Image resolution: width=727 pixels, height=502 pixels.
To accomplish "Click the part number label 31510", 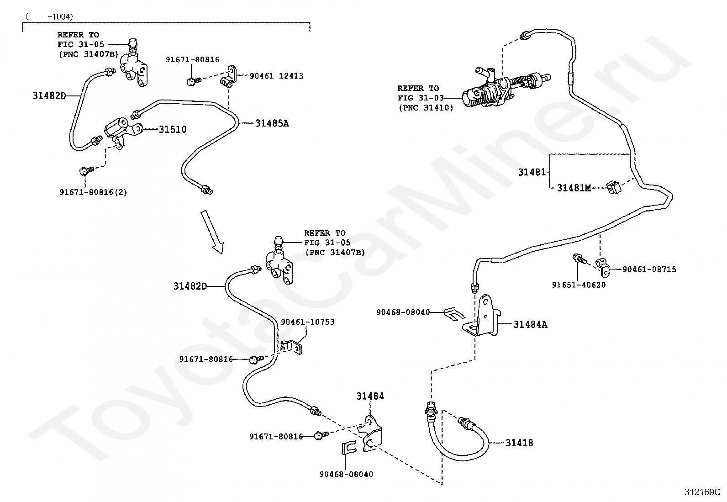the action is point(172,130).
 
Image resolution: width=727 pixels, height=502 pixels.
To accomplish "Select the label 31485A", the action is point(272,123).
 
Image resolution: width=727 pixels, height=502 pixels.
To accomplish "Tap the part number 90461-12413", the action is point(277,76).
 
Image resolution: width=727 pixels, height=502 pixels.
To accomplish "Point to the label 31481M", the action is point(574,188).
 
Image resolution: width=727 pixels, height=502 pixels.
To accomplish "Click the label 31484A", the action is point(530,324).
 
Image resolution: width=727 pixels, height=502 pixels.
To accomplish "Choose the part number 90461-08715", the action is point(649,269).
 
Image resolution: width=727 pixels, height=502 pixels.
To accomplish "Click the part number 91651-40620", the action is point(579,285).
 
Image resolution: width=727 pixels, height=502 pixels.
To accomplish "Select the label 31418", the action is point(519,443).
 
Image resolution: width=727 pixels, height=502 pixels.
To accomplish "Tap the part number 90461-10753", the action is point(307,322).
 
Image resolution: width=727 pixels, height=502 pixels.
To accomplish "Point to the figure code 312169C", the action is point(702,492).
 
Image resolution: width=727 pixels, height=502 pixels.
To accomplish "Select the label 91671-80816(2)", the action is point(93,192).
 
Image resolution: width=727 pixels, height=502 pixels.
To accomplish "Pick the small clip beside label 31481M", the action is point(613,187).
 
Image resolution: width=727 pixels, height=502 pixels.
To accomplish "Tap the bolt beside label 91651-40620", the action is point(579,259).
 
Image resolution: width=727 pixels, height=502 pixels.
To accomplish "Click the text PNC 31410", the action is point(426,108).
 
